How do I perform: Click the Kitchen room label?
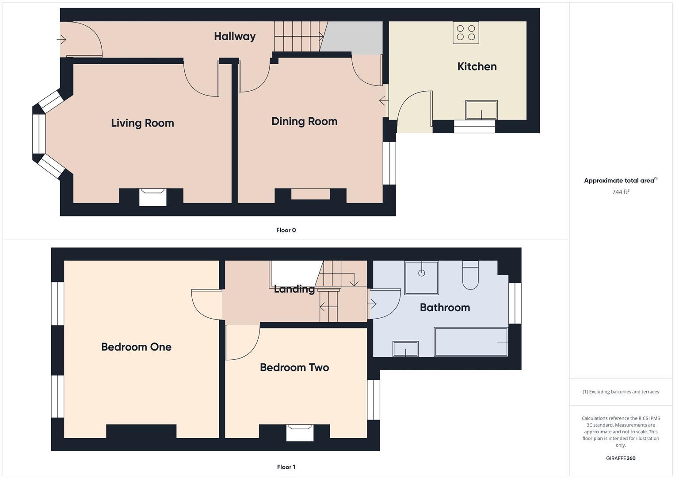click(x=477, y=66)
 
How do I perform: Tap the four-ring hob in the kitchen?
click(x=465, y=32)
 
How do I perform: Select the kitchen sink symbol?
click(x=481, y=110)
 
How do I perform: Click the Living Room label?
click(x=142, y=123)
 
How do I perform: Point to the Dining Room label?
click(x=304, y=121)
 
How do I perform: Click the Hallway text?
click(x=234, y=36)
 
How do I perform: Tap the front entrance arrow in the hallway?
click(x=61, y=40)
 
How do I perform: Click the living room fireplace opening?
click(x=153, y=197)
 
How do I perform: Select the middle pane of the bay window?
click(x=39, y=134)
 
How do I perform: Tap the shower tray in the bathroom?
click(x=421, y=278)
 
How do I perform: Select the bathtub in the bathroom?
click(x=471, y=342)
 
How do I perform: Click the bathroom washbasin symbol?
click(x=405, y=349)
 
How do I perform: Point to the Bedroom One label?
click(x=136, y=347)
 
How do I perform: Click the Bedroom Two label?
click(x=294, y=367)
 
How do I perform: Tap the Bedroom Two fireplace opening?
click(x=300, y=432)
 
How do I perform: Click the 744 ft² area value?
click(x=620, y=192)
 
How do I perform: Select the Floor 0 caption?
click(x=286, y=230)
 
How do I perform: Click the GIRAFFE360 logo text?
click(x=620, y=458)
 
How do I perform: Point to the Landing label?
click(x=294, y=289)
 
